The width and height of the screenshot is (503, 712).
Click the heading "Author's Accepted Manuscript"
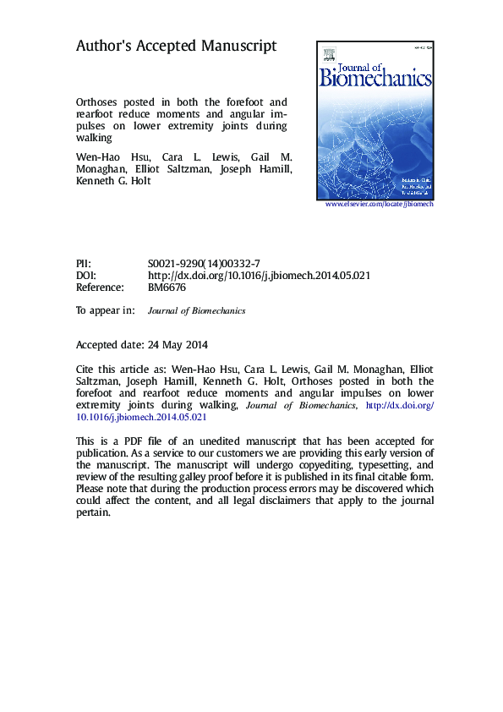coord(177,47)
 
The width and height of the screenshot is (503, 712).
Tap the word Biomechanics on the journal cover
coord(375,79)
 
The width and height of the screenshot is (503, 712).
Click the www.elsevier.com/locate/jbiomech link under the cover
coord(379,204)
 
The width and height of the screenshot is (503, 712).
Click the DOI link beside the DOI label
coord(259,276)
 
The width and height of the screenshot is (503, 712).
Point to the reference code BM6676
coord(167,288)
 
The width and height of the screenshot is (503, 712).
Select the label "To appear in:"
coord(105,310)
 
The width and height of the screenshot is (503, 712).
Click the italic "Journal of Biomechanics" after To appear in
coord(196,311)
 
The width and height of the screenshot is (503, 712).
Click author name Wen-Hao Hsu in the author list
coord(106,158)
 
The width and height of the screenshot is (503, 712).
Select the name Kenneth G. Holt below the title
coord(113,180)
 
